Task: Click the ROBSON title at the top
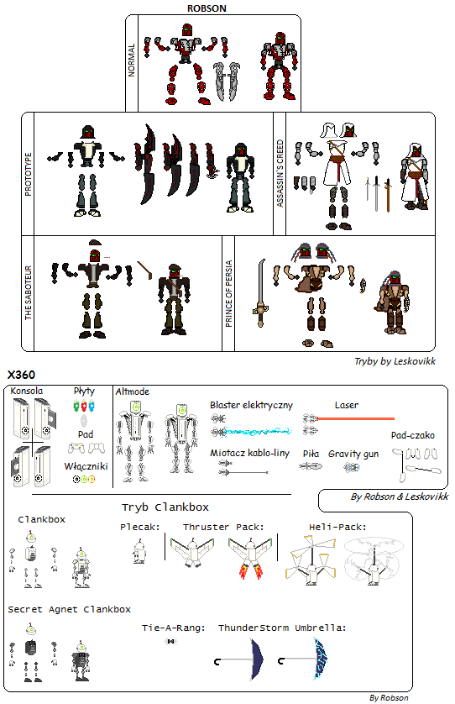[x=207, y=8]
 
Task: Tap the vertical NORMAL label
[x=132, y=60]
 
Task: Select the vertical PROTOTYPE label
[x=29, y=174]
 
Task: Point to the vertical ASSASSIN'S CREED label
[x=280, y=173]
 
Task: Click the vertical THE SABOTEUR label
[x=29, y=292]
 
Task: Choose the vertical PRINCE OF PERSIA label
[x=229, y=294]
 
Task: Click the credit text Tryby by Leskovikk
[x=395, y=361]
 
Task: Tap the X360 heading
[x=21, y=375]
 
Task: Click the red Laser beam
[x=355, y=419]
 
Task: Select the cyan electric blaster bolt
[x=258, y=432]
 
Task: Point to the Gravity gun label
[x=353, y=454]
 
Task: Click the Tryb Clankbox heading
[x=165, y=507]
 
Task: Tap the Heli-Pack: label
[x=337, y=527]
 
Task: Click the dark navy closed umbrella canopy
[x=257, y=659]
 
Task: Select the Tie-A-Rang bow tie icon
[x=170, y=641]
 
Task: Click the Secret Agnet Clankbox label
[x=69, y=610]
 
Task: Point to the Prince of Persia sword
[x=260, y=292]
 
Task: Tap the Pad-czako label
[x=412, y=435]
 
